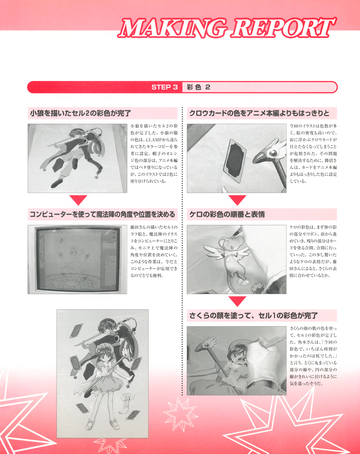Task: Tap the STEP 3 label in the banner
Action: pyautogui.click(x=164, y=87)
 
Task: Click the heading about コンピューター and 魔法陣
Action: pyautogui.click(x=102, y=214)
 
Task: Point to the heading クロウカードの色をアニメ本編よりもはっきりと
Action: pyautogui.click(x=259, y=113)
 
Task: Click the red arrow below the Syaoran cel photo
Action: pyautogui.click(x=78, y=200)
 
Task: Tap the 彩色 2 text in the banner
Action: pyautogui.click(x=198, y=87)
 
